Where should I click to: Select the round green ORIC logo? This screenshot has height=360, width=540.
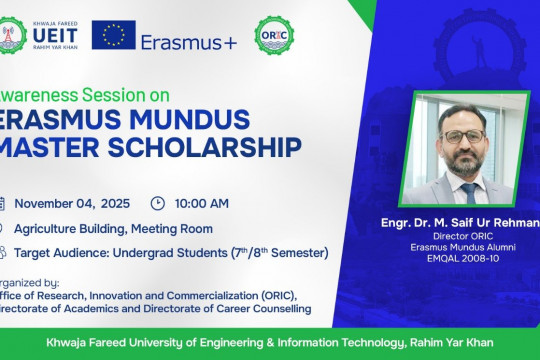(274, 35)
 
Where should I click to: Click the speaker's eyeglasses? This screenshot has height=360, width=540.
(463, 134)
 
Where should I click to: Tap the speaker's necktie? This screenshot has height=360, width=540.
(468, 191)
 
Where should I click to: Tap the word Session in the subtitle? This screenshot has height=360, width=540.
(103, 94)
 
